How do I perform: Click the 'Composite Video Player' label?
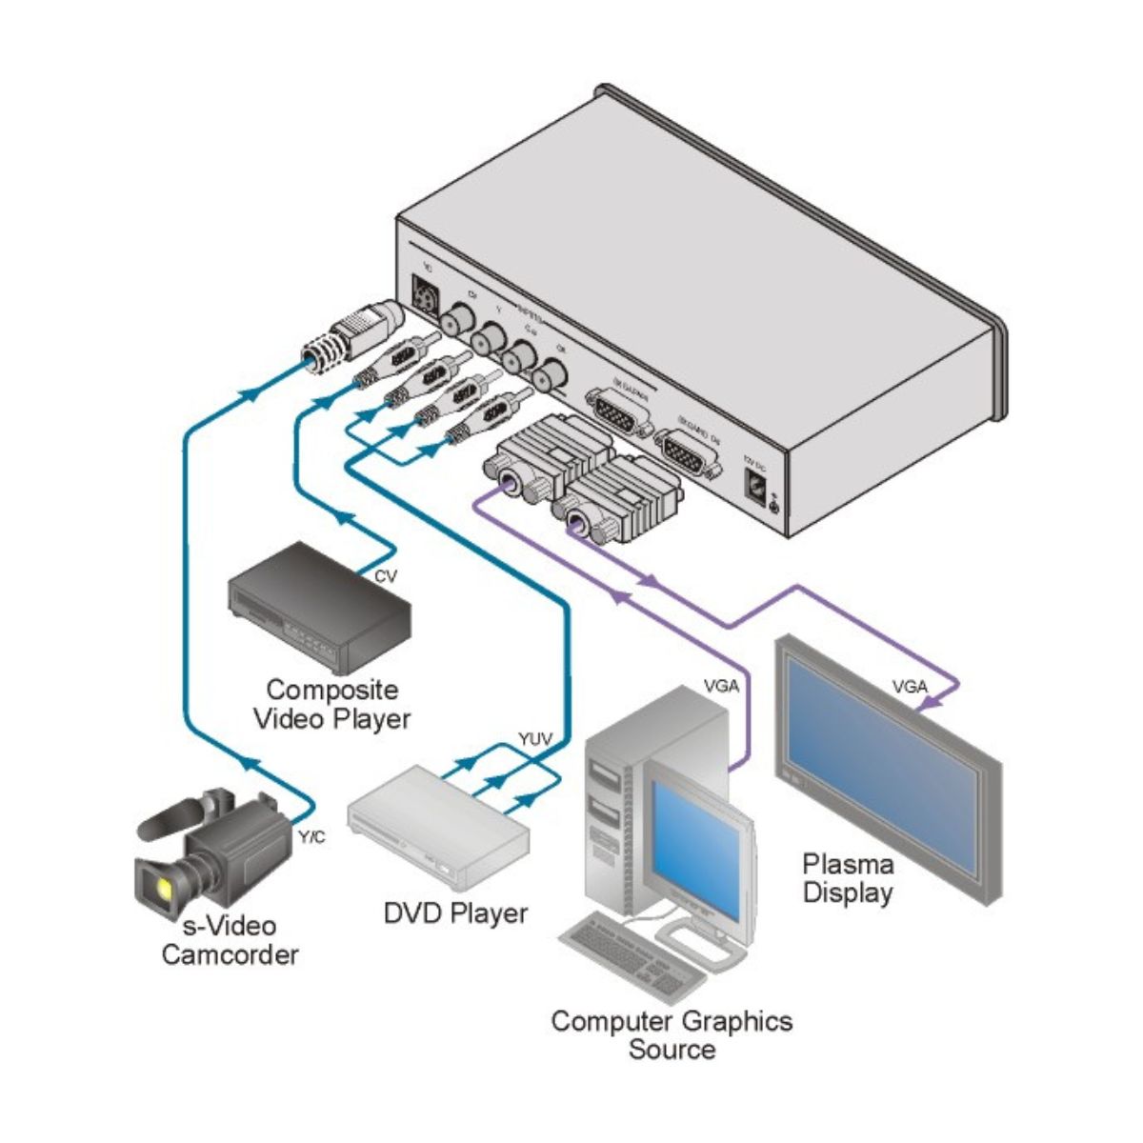tap(331, 704)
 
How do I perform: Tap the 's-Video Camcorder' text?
tap(230, 940)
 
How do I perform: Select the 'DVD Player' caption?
tap(455, 913)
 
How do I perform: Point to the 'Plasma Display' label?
tap(848, 878)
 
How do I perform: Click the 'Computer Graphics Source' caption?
tap(672, 1034)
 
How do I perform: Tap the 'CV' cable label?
tap(386, 576)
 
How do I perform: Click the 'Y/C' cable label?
tap(311, 837)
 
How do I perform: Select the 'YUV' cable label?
tap(535, 739)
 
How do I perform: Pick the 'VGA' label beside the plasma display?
tap(910, 685)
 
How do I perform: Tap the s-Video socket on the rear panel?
tap(424, 295)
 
